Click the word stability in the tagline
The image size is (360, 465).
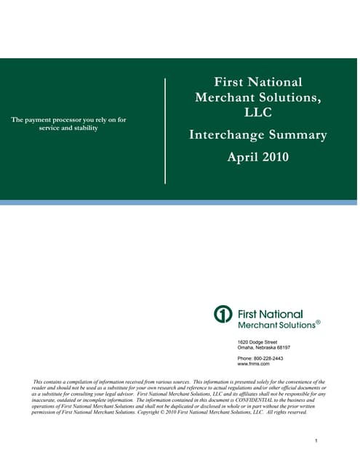click(83, 128)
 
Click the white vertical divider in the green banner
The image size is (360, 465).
click(166, 131)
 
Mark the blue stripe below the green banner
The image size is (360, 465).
click(180, 203)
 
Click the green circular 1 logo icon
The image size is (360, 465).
click(223, 315)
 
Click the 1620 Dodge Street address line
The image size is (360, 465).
click(257, 341)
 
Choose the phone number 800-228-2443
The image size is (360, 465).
click(268, 358)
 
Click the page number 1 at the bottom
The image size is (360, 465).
click(318, 441)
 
